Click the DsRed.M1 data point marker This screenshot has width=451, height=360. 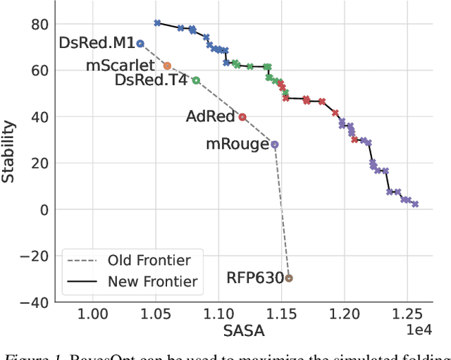tap(140, 44)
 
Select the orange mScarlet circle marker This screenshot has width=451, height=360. tap(167, 66)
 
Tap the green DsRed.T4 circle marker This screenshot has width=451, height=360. tap(196, 80)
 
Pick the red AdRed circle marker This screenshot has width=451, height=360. tap(242, 117)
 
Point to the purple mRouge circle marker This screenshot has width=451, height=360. tap(275, 144)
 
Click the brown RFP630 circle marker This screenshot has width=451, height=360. tap(288, 278)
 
